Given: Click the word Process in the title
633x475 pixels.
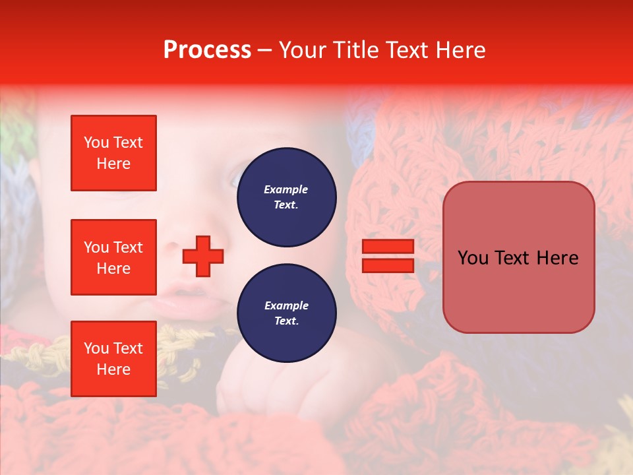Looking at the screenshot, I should [x=207, y=50].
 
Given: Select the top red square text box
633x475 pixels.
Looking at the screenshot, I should [x=113, y=153].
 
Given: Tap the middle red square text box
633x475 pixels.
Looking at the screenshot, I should [x=113, y=257].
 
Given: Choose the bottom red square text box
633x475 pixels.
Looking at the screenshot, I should [x=113, y=359].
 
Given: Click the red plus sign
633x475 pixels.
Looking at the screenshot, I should [x=203, y=256].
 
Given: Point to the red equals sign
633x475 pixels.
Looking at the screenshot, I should [x=388, y=256].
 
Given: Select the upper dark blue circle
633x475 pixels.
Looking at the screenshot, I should [x=286, y=197].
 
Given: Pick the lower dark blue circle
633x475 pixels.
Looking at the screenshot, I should [x=286, y=313].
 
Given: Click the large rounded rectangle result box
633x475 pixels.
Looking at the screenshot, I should [x=518, y=257].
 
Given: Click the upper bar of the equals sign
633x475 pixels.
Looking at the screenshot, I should [x=388, y=247].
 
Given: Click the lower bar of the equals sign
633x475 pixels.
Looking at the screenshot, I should [x=388, y=265].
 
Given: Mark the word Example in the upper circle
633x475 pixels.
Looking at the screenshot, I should [x=286, y=189].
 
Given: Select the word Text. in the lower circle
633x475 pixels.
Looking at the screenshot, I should [x=286, y=321].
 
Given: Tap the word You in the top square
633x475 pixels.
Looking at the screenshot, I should [x=96, y=142].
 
